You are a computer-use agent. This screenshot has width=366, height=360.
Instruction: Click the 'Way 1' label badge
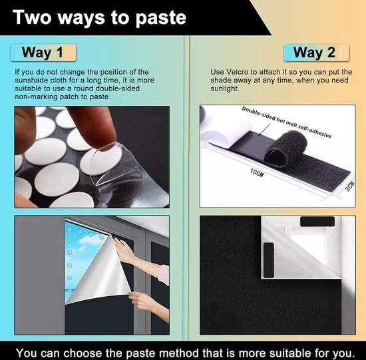tap(43, 53)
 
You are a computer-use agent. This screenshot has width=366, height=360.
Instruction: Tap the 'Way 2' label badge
tap(316, 53)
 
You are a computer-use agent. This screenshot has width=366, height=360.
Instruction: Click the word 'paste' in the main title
tap(160, 18)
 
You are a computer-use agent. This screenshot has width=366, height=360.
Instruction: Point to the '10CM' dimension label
tap(257, 173)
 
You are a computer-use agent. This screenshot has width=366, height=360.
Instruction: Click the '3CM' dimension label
tap(350, 186)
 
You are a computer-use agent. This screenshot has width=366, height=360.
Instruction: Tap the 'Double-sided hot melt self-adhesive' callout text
tap(287, 122)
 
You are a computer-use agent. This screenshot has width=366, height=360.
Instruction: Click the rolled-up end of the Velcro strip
tap(286, 148)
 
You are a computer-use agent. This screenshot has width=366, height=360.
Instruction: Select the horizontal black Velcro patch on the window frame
tap(317, 222)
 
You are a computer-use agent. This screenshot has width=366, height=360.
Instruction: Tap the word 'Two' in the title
tap(32, 17)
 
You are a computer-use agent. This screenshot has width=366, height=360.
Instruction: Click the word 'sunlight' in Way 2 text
tap(224, 89)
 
